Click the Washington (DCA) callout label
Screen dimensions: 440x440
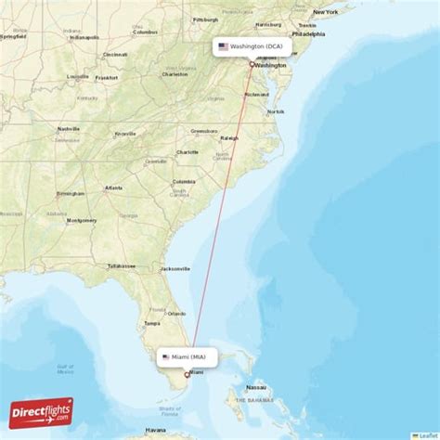click(252, 45)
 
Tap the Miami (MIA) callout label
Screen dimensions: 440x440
click(188, 356)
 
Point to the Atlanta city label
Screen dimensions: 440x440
click(113, 188)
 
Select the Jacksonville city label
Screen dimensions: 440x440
click(175, 268)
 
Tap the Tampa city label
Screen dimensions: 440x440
click(152, 323)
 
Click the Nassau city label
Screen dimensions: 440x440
click(257, 387)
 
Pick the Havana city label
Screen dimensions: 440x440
click(156, 431)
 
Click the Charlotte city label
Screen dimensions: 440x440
click(188, 152)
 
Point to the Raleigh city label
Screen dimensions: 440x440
click(228, 138)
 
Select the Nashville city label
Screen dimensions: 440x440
click(69, 129)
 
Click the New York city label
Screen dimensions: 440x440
click(325, 12)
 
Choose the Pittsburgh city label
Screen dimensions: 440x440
click(206, 19)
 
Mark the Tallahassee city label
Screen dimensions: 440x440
click(121, 265)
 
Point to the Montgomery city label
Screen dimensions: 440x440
click(82, 220)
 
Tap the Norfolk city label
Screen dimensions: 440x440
click(276, 111)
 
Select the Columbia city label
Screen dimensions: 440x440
click(184, 181)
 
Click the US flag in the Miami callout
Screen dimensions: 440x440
click(166, 356)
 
